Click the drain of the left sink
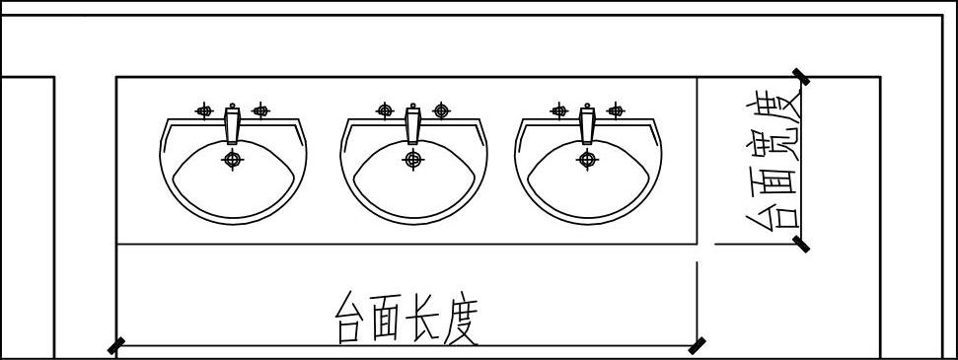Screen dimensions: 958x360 coord(232,160)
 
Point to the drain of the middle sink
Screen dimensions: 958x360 coord(413,160)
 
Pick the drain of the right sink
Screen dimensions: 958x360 coord(587,160)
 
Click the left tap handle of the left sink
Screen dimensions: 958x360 coord(204,110)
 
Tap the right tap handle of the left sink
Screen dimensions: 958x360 coord(260,110)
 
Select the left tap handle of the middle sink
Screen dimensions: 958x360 coord(385,110)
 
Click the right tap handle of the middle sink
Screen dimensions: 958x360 coord(441,110)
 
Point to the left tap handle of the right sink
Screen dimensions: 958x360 coord(559,110)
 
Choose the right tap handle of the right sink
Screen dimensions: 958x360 coord(616,110)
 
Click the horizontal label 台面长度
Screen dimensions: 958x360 coord(405,319)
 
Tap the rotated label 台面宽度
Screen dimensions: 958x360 coord(773,160)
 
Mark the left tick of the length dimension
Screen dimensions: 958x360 coord(116,346)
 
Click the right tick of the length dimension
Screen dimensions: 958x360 coord(698,346)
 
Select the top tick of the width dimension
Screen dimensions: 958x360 coord(800,77)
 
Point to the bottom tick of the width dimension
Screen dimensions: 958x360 coord(800,244)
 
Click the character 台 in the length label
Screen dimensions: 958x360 coord(350,319)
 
